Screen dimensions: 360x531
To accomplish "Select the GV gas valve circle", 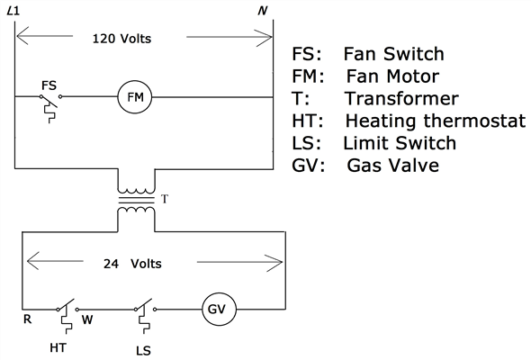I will [x=217, y=310].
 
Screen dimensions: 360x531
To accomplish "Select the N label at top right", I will [x=263, y=11].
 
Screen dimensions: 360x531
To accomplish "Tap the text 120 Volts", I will [x=122, y=39].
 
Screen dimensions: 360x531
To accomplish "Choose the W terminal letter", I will [x=87, y=319].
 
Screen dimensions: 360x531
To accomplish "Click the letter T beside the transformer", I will [x=163, y=197].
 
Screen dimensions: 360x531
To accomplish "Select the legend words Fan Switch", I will [x=393, y=54].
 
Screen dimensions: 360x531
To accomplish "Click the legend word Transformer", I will [x=400, y=98].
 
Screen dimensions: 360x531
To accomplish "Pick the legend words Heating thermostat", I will [x=433, y=121].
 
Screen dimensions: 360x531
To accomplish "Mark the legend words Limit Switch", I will [x=399, y=143].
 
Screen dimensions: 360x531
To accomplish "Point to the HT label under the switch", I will [x=60, y=346].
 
